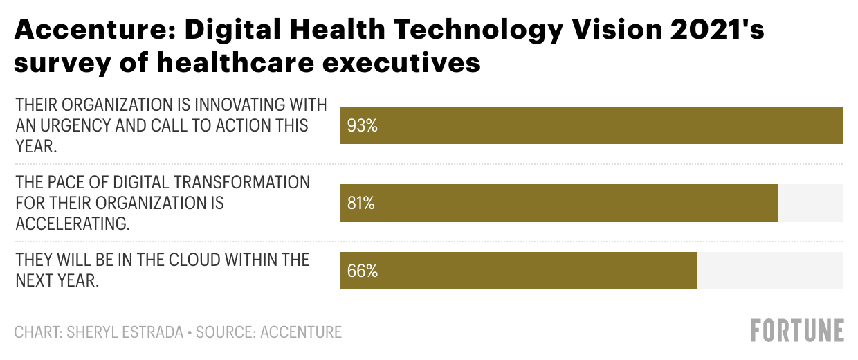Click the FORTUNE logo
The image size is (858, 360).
pyautogui.click(x=797, y=331)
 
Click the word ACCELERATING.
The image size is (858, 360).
pyautogui.click(x=72, y=224)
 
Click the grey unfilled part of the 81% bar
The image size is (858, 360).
pyautogui.click(x=810, y=204)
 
